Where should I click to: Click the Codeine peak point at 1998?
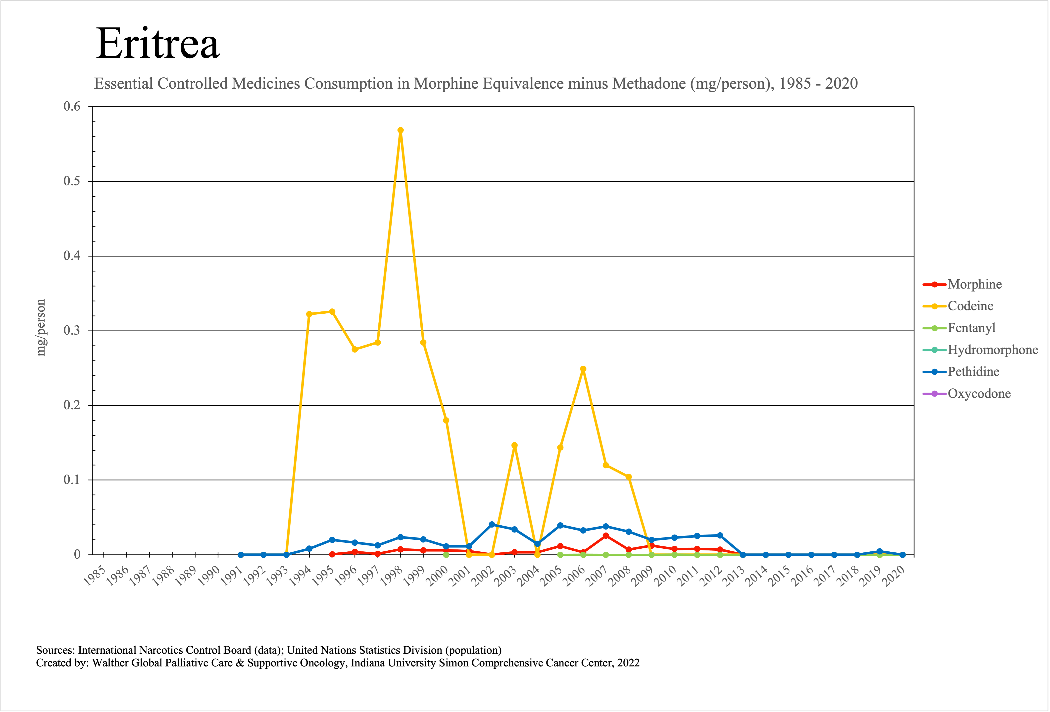pyautogui.click(x=400, y=130)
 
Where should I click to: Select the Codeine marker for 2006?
pyautogui.click(x=583, y=369)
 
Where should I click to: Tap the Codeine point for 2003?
pyautogui.click(x=514, y=445)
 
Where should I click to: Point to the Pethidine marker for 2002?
pyautogui.click(x=492, y=524)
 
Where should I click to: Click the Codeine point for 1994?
pyautogui.click(x=309, y=314)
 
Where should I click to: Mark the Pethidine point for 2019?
pyautogui.click(x=879, y=551)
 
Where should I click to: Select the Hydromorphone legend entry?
pyautogui.click(x=992, y=350)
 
